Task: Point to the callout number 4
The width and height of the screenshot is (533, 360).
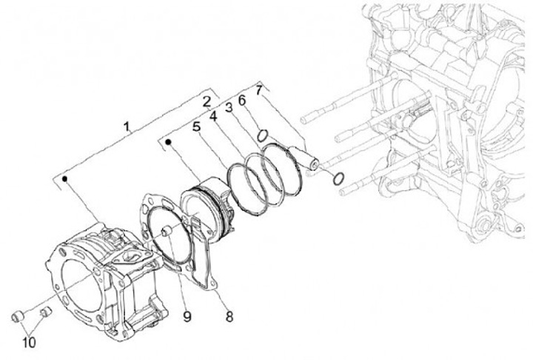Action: [212, 117]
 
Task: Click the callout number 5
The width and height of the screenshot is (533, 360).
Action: [196, 127]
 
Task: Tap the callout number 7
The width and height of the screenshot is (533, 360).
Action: [258, 91]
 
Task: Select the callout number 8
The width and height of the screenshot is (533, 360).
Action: [229, 317]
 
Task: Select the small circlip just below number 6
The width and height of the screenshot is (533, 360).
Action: [261, 134]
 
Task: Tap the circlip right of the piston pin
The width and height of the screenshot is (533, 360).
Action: [338, 178]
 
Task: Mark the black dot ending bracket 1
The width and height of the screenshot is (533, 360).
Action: [66, 179]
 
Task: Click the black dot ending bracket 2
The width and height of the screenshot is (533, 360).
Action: [170, 140]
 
